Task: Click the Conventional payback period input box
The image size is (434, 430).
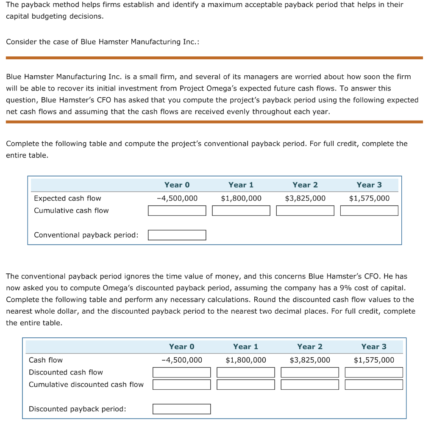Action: point(177,235)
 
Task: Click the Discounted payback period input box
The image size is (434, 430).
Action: point(181,409)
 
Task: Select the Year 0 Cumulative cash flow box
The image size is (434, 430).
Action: point(177,210)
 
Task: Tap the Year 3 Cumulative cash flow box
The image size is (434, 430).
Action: point(369,210)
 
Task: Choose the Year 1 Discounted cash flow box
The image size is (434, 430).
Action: point(245,372)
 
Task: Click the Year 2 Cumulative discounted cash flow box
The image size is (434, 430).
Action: point(310,384)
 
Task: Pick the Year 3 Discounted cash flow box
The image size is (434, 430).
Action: point(374,372)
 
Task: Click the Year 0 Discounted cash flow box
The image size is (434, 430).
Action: point(181,372)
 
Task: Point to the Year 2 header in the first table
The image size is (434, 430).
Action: point(305,185)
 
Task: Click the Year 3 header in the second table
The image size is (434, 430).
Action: point(373,347)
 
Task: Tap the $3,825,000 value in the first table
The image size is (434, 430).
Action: point(305,198)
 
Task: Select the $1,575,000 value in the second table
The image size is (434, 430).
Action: point(374,360)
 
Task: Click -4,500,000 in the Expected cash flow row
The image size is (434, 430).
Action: point(177,198)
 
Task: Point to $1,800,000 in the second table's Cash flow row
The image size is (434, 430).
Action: point(246,360)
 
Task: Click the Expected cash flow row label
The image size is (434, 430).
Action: point(67,198)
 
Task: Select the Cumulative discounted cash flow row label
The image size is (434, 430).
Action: point(86,384)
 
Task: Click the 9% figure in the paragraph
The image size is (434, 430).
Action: point(347,288)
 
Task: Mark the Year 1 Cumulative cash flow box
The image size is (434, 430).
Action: point(241,210)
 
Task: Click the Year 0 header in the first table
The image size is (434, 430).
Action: point(177,185)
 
